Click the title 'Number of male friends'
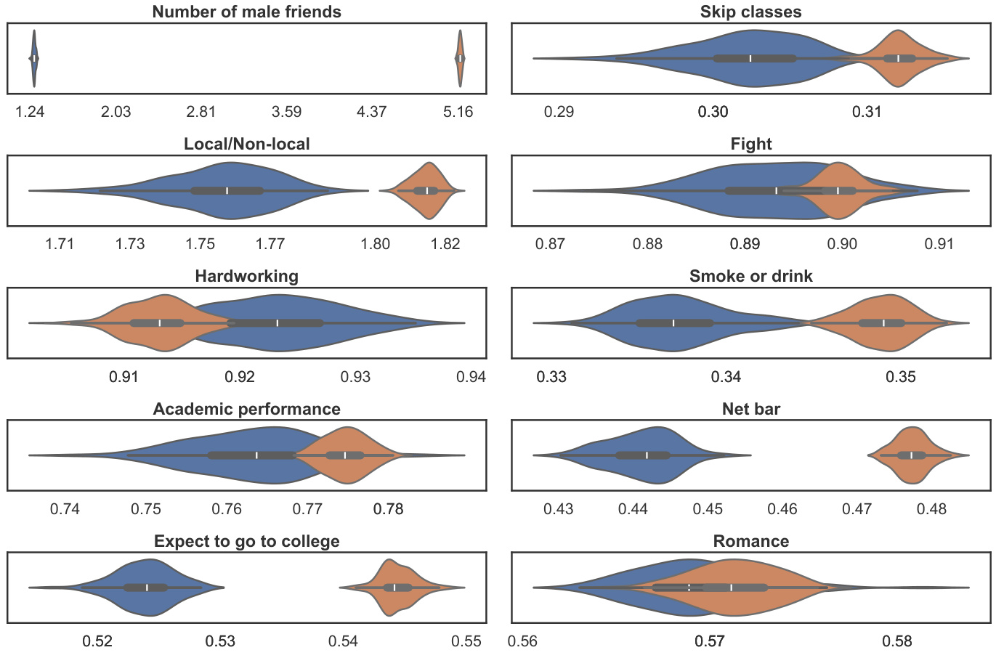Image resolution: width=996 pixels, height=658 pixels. [x=246, y=12]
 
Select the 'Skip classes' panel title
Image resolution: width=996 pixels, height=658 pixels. [x=750, y=12]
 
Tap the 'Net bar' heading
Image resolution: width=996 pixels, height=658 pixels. [x=750, y=409]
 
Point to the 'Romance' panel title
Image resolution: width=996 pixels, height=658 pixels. [x=750, y=541]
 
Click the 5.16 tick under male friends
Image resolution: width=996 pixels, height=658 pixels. [x=458, y=112]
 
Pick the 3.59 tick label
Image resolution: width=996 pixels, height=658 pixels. [x=286, y=112]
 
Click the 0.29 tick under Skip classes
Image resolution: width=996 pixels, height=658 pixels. [x=559, y=112]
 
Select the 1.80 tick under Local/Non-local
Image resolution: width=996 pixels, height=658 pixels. [x=376, y=244]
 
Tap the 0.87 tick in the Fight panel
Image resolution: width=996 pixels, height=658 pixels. [x=550, y=244]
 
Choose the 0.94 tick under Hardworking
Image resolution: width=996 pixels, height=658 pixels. [x=471, y=377]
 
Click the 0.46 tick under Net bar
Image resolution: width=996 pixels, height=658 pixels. [x=782, y=509]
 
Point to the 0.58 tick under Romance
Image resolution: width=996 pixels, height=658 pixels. [x=897, y=641]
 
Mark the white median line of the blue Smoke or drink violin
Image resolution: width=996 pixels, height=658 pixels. [x=673, y=323]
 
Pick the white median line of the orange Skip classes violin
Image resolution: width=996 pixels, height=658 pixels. [x=898, y=58]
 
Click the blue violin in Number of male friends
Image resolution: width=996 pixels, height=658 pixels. [x=33, y=58]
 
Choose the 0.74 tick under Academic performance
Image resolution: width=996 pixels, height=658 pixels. [x=65, y=509]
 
